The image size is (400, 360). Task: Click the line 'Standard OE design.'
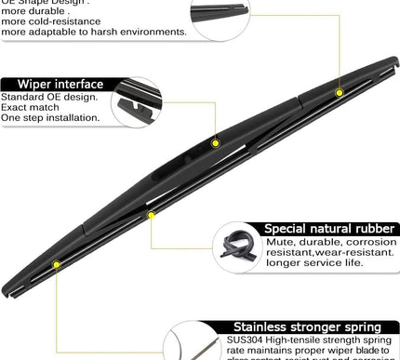pyautogui.click(x=49, y=96)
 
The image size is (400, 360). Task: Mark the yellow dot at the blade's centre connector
pyautogui.click(x=216, y=143)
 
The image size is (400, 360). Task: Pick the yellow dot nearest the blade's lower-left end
pyautogui.click(x=58, y=265)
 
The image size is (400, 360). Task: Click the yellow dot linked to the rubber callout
pyautogui.click(x=150, y=215)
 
